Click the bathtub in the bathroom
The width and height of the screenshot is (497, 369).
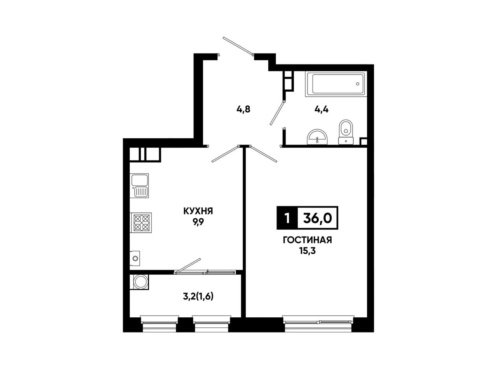(x=335, y=84)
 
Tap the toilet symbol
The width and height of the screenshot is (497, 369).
(x=346, y=132)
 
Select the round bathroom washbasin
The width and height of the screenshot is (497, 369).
(x=317, y=137)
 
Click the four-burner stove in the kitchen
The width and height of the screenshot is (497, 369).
(x=141, y=223)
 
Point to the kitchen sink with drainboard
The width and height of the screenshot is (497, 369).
(x=139, y=186)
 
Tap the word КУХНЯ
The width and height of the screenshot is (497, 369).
(x=198, y=211)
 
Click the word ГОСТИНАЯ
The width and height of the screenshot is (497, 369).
(x=307, y=240)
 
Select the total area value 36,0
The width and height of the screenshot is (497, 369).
(x=318, y=218)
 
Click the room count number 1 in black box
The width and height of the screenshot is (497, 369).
(x=287, y=218)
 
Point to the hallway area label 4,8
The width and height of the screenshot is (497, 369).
(x=243, y=110)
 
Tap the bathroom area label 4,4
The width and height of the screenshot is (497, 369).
(x=321, y=110)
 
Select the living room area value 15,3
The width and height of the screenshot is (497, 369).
(x=308, y=251)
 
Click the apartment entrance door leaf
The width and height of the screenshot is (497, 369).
(x=238, y=46)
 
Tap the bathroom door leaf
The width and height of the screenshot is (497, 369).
(x=277, y=113)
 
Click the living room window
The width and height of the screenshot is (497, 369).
(x=318, y=323)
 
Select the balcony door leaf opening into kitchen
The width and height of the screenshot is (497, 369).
(x=188, y=266)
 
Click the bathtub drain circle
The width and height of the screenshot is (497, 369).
(x=358, y=84)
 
